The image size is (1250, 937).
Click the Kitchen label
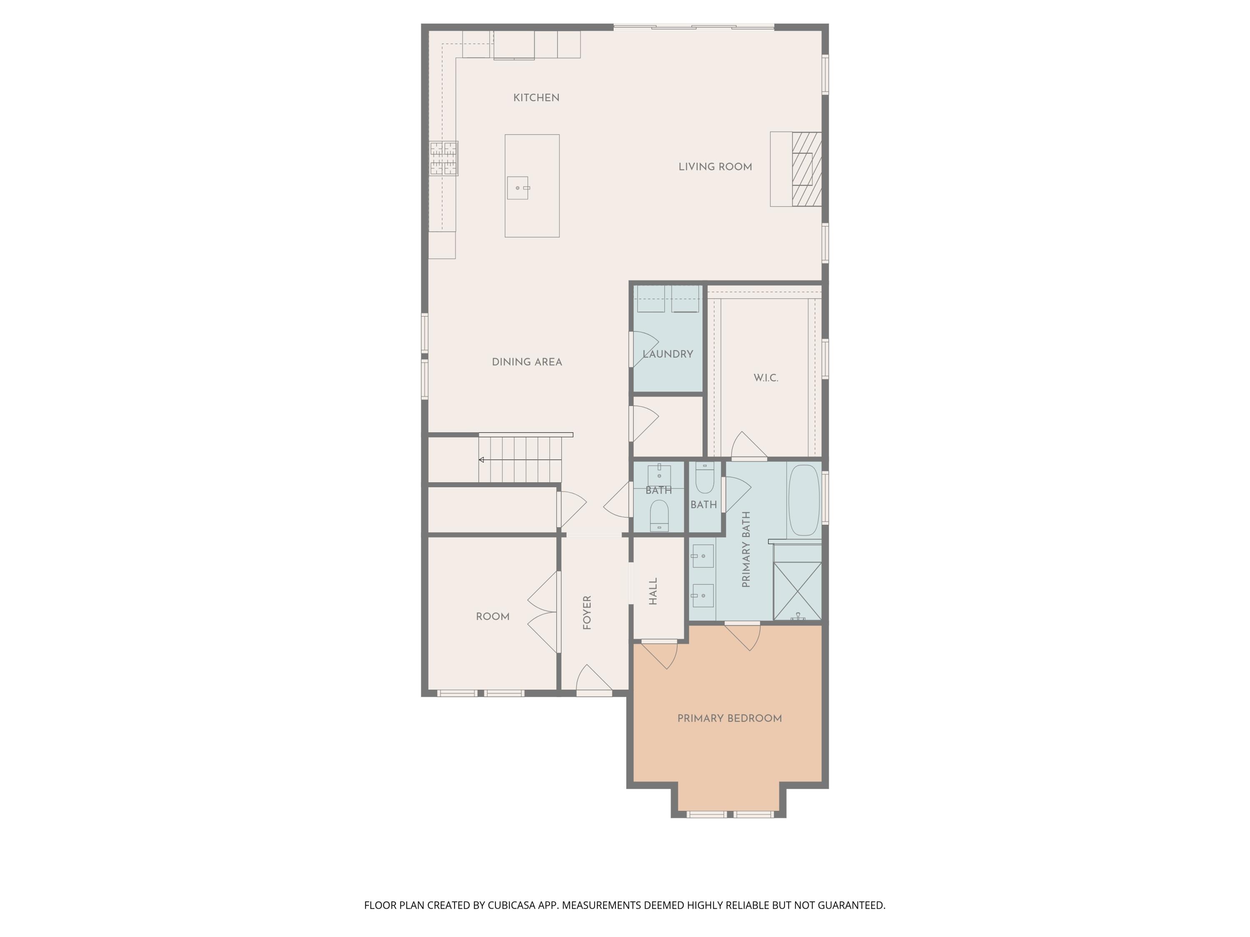coord(536,98)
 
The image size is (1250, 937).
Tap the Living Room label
coord(715,167)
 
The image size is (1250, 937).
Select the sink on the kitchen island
coord(517,187)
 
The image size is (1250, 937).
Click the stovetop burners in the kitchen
coord(444,158)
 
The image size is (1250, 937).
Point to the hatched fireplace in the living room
coord(806,169)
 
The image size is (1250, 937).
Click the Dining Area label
coord(527,362)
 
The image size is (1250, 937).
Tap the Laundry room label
coord(667,354)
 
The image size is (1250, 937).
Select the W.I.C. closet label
coord(766,378)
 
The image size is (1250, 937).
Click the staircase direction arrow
coord(482,460)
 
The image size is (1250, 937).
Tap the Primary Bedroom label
coord(729,718)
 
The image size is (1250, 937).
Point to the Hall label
coord(653,591)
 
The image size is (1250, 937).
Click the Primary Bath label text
coord(746,549)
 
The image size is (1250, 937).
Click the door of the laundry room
coord(643,349)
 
